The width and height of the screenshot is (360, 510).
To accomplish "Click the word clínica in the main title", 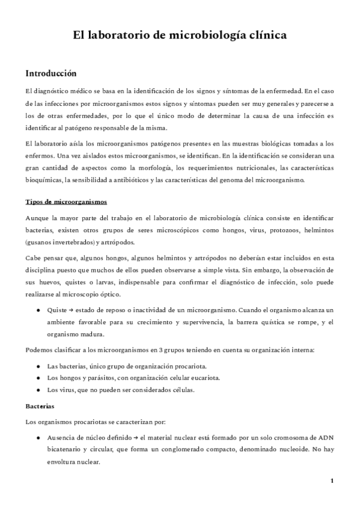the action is (264, 36).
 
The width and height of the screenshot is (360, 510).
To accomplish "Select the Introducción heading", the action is (50, 73).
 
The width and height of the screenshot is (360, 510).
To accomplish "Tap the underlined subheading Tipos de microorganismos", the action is (66, 201).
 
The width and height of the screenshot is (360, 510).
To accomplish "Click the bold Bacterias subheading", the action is (40, 406).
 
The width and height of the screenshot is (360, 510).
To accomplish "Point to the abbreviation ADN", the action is (324, 437).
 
